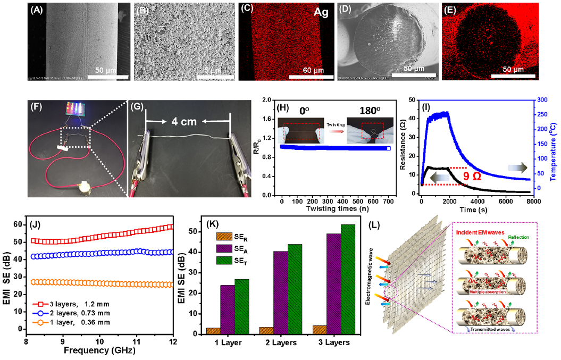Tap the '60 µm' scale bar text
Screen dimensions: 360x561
coord(308,69)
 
